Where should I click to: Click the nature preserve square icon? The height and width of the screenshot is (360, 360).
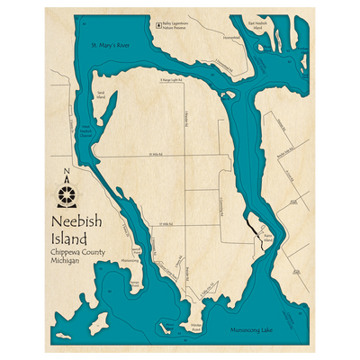pos(158,26)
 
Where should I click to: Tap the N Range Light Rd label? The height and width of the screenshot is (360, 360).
pos(170,78)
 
